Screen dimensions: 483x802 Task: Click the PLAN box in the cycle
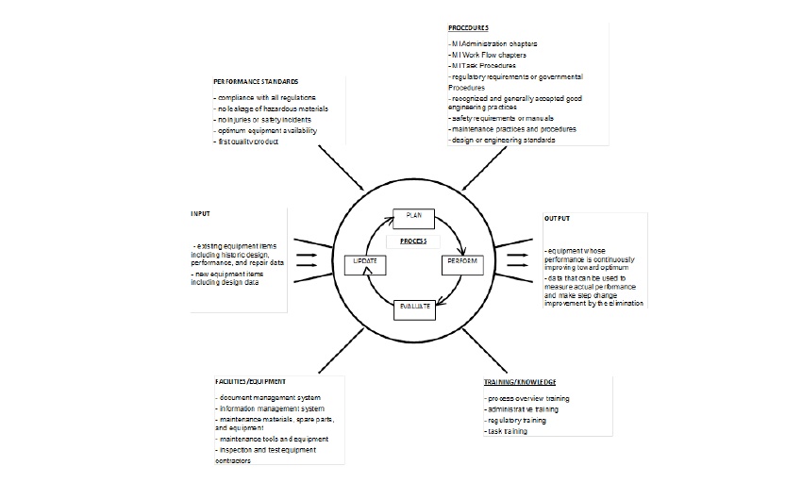413,216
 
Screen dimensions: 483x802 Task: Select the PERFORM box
461,262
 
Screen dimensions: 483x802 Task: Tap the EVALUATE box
412,307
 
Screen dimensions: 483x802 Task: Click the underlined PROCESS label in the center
413,241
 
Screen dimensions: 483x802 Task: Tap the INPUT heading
200,215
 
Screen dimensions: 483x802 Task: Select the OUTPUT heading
558,219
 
